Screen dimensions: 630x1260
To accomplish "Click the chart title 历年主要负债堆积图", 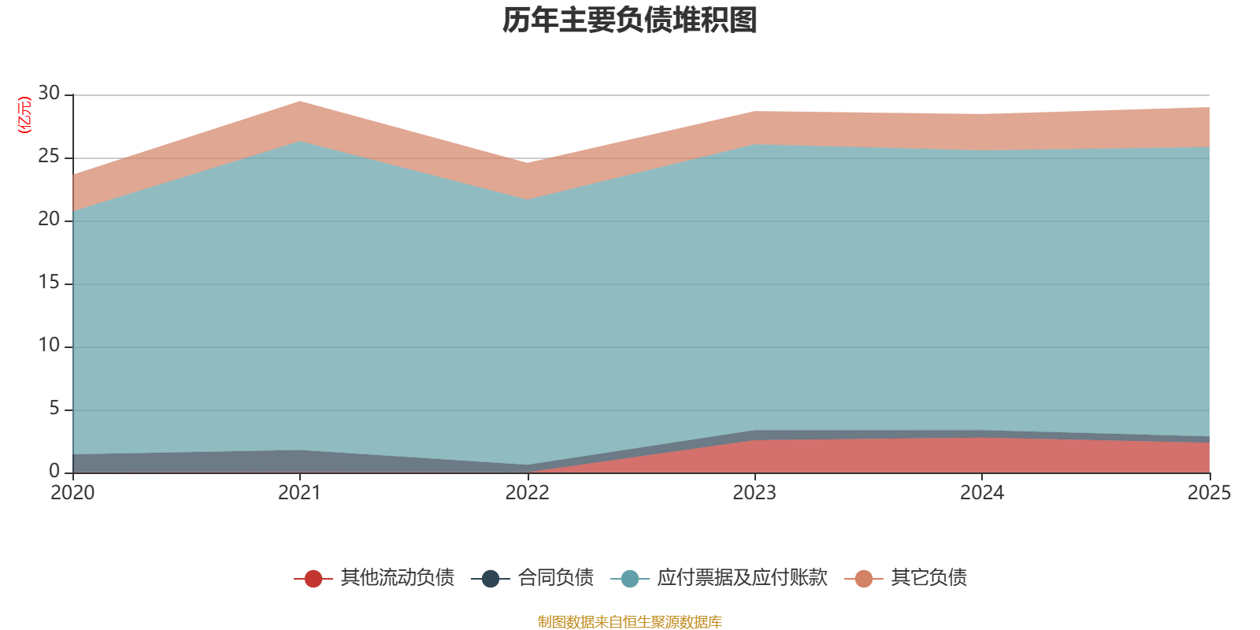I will (630, 20).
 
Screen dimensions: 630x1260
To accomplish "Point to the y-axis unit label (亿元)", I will (24, 115).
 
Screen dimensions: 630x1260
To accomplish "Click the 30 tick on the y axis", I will (49, 94).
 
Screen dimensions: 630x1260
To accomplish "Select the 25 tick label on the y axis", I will (49, 157).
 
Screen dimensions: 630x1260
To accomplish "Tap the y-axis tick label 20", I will (49, 220).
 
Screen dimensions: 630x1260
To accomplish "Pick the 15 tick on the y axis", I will (49, 283).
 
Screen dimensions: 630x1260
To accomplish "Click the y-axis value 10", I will (49, 346).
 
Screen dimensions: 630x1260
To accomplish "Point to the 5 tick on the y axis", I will (54, 409).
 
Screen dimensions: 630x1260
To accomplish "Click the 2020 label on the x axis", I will (72, 493).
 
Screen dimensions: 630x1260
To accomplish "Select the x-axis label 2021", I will (300, 493).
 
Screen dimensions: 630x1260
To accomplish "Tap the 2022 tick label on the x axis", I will (527, 493).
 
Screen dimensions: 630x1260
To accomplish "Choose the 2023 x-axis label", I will (754, 493).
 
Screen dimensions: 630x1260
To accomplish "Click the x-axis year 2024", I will (982, 493).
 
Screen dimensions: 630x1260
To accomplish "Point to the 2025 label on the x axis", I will (1209, 493).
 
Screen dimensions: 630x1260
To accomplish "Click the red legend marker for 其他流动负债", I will (313, 579).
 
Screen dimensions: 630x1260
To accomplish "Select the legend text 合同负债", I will (555, 578).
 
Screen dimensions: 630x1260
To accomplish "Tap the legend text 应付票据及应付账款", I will (742, 578).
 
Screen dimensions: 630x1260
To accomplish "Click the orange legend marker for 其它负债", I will (864, 579).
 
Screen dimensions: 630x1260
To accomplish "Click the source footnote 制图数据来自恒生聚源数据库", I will (630, 622).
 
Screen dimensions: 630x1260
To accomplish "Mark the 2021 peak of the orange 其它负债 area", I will (300, 102).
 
